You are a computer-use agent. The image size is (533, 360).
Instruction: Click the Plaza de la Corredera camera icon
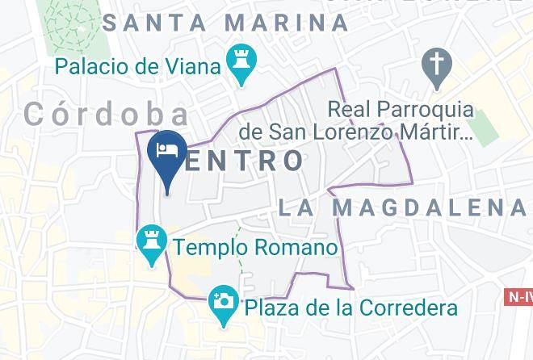coord(221,303)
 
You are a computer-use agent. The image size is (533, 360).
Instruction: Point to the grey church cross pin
coord(436,66)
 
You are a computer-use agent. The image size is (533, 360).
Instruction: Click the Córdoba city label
coord(107,114)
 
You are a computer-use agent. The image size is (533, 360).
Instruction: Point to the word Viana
coord(195,65)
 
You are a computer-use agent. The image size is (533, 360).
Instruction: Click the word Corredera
coord(403,308)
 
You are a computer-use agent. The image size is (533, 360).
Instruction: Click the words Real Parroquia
coord(401,108)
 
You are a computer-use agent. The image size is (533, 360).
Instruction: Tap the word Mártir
coord(435,130)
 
